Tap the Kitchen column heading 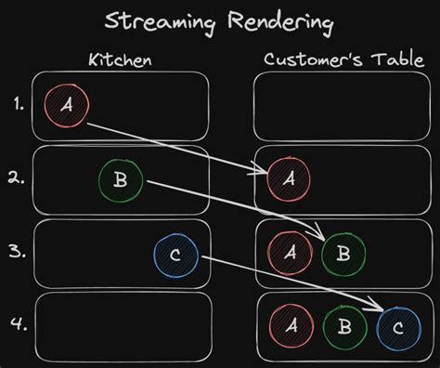pyautogui.click(x=120, y=60)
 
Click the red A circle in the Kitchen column pyautogui.click(x=66, y=106)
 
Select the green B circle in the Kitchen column pyautogui.click(x=120, y=180)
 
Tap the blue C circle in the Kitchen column pyautogui.click(x=175, y=254)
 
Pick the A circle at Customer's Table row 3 pyautogui.click(x=288, y=253)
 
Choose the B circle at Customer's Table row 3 pyautogui.click(x=341, y=253)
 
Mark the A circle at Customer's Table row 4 pyautogui.click(x=290, y=326)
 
